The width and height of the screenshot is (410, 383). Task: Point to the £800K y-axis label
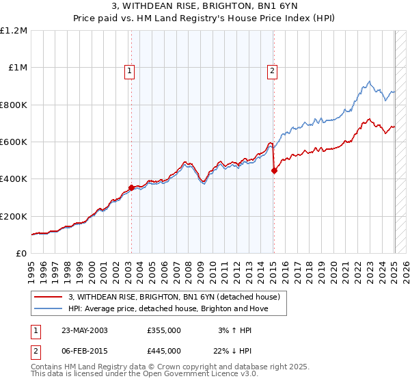pos(14,105)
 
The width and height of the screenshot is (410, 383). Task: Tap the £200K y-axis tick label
pos(14,216)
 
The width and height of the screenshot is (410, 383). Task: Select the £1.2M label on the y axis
pos(14,31)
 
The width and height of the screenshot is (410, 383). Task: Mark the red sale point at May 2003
pos(131,187)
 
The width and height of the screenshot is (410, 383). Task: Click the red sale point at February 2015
pos(273,171)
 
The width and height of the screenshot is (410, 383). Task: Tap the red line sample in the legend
pos(49,298)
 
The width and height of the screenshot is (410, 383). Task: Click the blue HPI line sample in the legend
pos(49,308)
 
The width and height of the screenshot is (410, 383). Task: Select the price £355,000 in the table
pos(164,330)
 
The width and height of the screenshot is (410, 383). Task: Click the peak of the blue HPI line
pos(368,81)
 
